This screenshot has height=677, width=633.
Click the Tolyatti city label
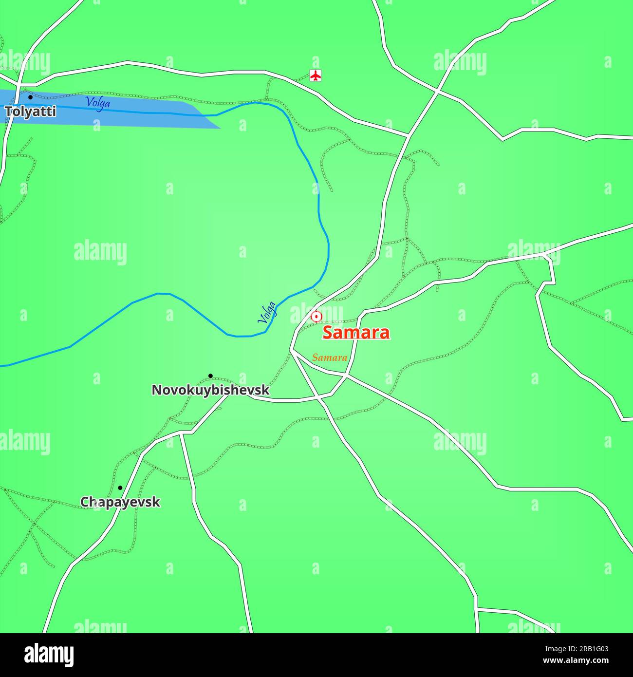point(30,112)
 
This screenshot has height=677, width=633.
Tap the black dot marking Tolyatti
point(30,97)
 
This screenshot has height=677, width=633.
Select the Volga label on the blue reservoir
point(97,103)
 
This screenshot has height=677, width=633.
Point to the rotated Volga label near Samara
point(267,313)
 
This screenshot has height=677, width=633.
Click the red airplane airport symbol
point(316,76)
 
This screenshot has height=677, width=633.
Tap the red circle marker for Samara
point(316,317)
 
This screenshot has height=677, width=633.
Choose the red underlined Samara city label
point(356,333)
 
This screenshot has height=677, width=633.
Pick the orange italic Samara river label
point(330,358)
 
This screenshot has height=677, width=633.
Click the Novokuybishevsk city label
point(210,390)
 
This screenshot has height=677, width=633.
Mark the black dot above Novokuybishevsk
point(210,376)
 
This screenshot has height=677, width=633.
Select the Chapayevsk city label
point(120,502)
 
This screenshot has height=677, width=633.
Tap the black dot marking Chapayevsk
point(120,488)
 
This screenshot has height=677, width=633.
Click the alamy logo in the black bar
point(49,655)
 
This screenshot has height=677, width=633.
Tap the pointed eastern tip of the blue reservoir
point(219,128)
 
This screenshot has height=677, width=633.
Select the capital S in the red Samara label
point(329,333)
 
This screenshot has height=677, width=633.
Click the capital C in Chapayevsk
point(85,502)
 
